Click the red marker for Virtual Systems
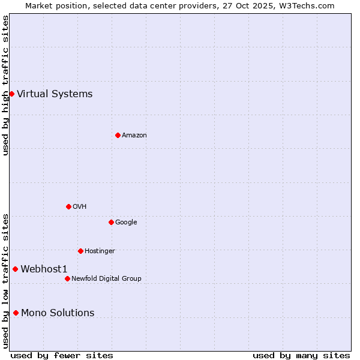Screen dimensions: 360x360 pos(11,94)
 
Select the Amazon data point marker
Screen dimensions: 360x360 pos(118,135)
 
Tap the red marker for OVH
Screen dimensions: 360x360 pos(68,206)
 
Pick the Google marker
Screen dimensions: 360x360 pos(111,222)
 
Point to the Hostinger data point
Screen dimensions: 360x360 pos(80,251)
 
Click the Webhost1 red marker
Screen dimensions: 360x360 pos(15,269)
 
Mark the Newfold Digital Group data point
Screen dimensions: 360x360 pos(67,278)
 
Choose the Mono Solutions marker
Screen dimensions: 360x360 pos(16,313)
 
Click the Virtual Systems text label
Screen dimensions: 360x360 pos(55,94)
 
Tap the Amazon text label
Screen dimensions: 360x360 pos(134,135)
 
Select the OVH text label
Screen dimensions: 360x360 pos(80,206)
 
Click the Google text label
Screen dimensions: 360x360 pos(126,222)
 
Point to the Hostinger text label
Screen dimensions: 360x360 pos(100,251)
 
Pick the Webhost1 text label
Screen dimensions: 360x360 pos(44,269)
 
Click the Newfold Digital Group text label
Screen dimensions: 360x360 pos(106,278)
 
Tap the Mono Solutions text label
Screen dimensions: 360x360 pos(58,313)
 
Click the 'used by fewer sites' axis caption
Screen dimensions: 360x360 pos(62,355)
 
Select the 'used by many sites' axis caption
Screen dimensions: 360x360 pos(301,355)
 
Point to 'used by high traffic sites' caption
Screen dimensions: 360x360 pos(5,85)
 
